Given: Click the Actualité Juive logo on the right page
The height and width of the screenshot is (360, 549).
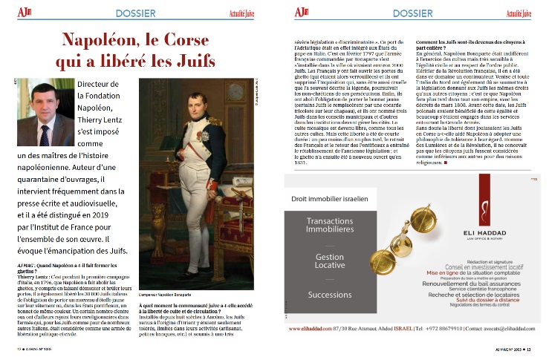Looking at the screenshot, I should pyautogui.click(x=517, y=13).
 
